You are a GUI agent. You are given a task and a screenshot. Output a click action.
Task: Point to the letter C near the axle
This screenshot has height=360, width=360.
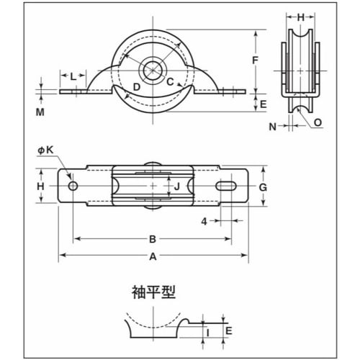pos(171,81)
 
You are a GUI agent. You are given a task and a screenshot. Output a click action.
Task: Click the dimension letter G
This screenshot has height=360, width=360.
pos(264,187)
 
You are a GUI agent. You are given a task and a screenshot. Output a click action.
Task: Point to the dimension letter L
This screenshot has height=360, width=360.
pos(73,76)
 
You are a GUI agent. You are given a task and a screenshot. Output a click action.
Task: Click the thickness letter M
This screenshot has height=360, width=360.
pos(41,113)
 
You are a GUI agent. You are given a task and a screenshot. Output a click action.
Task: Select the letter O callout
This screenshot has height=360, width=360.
pos(318,122)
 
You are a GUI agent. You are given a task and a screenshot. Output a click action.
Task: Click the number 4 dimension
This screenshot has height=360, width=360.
pos(204,222)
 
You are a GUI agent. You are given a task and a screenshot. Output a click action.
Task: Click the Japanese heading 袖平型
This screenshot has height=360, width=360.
pos(153,293)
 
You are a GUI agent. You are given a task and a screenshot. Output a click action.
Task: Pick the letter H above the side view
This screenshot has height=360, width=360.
pos(301,15)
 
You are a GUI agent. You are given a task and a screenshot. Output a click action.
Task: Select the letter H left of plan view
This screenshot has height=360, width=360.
pos(41,186)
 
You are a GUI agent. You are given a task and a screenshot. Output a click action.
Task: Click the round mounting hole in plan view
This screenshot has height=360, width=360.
pos(73,186)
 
